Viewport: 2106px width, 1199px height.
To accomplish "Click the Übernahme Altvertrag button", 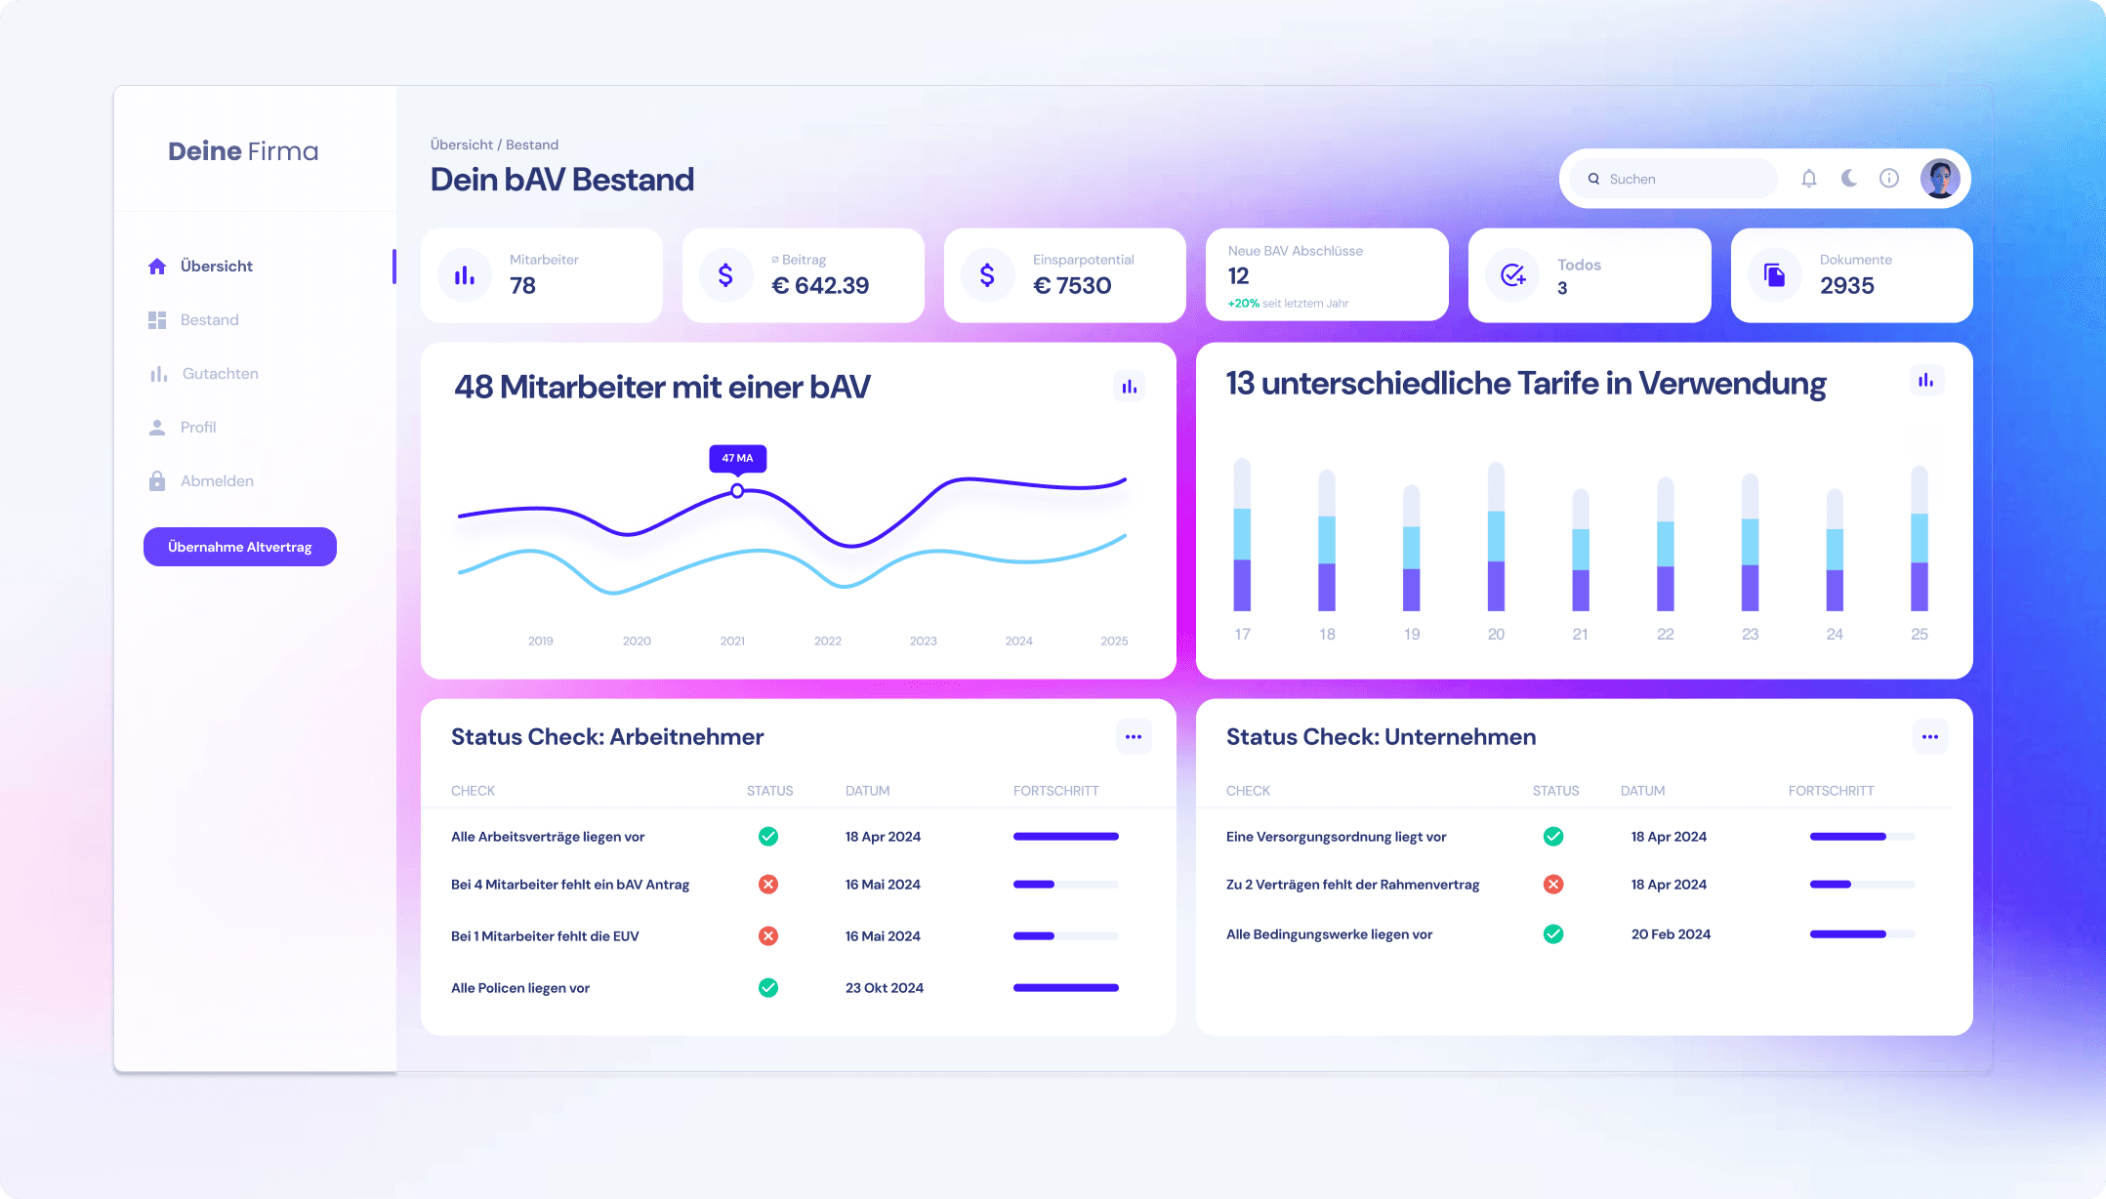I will click(x=240, y=547).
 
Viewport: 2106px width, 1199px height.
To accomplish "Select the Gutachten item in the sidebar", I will click(x=220, y=374).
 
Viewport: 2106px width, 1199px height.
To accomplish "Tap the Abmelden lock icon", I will click(x=157, y=481).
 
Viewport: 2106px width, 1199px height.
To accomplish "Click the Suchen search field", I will click(x=1674, y=179).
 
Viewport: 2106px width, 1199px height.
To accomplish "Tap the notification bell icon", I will click(x=1809, y=178).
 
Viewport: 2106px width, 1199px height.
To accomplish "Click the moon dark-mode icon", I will click(x=1849, y=178).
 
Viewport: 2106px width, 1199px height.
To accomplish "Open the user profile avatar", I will click(x=1940, y=179).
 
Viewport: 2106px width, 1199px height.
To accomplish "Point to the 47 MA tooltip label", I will click(x=737, y=458).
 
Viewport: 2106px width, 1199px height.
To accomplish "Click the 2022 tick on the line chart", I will click(x=828, y=641).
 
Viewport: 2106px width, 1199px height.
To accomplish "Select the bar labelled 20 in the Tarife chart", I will click(x=1496, y=537).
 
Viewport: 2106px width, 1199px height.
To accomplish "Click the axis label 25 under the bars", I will click(x=1920, y=635).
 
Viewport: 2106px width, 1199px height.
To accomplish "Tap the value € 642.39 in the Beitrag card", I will click(x=820, y=286).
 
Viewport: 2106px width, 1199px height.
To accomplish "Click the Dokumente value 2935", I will click(x=1847, y=286).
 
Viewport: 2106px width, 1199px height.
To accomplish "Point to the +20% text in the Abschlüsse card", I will click(x=1243, y=304).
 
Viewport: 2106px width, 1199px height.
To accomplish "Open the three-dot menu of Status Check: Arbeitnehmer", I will click(x=1134, y=737).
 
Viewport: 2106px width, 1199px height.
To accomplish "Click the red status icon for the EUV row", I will click(x=768, y=936).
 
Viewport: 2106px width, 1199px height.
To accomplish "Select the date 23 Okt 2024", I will click(x=885, y=988).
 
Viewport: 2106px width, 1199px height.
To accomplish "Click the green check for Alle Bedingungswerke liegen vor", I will click(x=1553, y=934).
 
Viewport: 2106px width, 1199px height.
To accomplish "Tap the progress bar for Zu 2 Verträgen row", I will click(x=1862, y=885).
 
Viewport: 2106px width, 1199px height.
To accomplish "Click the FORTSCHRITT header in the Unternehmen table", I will click(x=1831, y=791).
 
